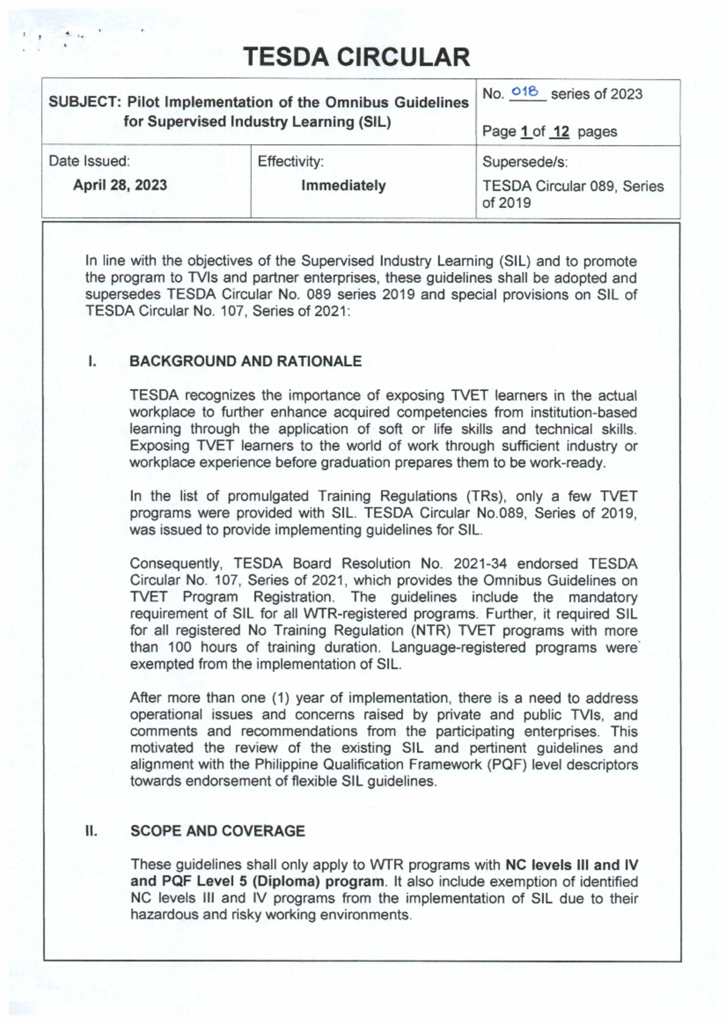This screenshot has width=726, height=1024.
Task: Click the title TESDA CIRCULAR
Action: coord(356,57)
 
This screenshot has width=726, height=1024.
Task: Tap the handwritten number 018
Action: coord(525,92)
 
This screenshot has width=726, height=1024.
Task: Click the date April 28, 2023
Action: coord(120,185)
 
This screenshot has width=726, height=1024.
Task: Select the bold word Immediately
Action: coord(343,185)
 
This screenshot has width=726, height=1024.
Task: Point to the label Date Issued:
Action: coord(89,161)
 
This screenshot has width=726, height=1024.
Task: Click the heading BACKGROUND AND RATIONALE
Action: coord(245,361)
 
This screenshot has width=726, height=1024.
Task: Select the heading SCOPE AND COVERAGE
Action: coord(217,831)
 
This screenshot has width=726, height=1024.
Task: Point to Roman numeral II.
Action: coord(91,831)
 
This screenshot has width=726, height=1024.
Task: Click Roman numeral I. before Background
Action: coord(91,361)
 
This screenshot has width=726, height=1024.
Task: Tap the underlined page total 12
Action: coord(560,132)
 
